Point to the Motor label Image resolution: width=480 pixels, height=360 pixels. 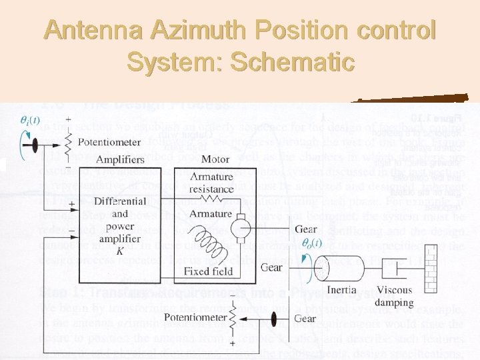point(215,160)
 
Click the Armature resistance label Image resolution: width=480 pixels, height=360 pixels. point(211,182)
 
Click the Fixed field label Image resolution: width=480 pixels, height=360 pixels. point(209,271)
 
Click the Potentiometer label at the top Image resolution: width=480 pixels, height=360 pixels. point(109,141)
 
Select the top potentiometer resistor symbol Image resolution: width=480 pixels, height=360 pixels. point(66,141)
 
